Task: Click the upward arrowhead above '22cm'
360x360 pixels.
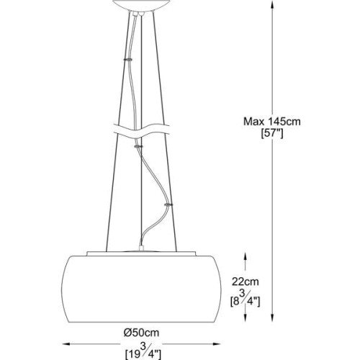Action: click(x=248, y=255)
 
